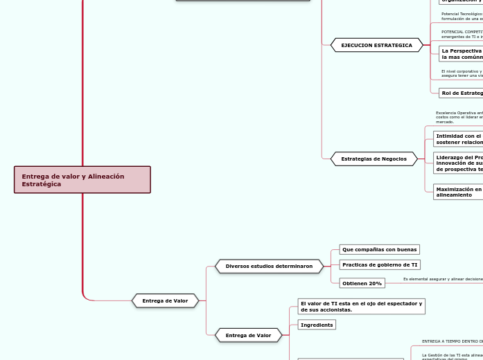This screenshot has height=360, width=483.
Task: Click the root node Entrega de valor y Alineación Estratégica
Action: click(x=82, y=180)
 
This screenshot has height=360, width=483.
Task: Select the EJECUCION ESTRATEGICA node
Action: click(x=376, y=45)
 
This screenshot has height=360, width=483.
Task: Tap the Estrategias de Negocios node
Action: click(x=374, y=159)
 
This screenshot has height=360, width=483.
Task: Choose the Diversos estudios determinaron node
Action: click(x=269, y=266)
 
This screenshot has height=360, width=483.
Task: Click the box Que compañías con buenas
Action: click(x=379, y=249)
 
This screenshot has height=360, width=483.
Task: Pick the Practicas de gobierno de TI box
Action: click(x=380, y=264)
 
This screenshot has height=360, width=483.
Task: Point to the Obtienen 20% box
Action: click(x=362, y=283)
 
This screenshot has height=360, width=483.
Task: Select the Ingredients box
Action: click(x=317, y=325)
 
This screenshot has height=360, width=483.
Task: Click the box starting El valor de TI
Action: click(x=361, y=307)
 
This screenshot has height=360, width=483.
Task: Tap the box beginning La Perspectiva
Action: click(x=461, y=54)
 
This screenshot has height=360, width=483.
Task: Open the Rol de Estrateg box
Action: click(x=461, y=93)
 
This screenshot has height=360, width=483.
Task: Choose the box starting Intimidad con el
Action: click(x=458, y=139)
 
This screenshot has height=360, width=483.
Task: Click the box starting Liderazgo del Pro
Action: click(x=458, y=163)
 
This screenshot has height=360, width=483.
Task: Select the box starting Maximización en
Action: click(x=458, y=192)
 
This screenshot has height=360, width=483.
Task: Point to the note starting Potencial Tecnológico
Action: click(x=462, y=16)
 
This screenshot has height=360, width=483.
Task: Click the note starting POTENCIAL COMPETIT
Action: click(x=462, y=34)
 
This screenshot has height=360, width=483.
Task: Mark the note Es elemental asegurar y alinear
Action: click(x=443, y=279)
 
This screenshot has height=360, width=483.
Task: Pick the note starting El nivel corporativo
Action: click(x=462, y=73)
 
